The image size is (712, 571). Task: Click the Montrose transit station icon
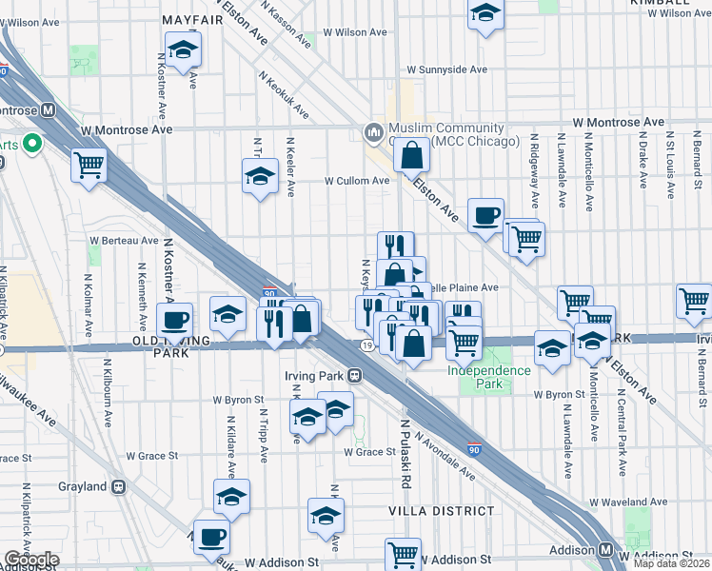(47, 109)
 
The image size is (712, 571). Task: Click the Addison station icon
(606, 550)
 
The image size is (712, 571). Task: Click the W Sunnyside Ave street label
(446, 69)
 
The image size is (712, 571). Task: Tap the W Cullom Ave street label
(357, 180)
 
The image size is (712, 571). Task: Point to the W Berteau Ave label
(124, 240)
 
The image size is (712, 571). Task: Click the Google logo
(31, 560)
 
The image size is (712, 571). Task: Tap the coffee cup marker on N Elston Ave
(486, 215)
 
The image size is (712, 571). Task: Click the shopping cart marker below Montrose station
(89, 165)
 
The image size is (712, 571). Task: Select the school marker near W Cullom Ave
(259, 177)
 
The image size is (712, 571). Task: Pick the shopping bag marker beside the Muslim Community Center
(412, 154)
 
